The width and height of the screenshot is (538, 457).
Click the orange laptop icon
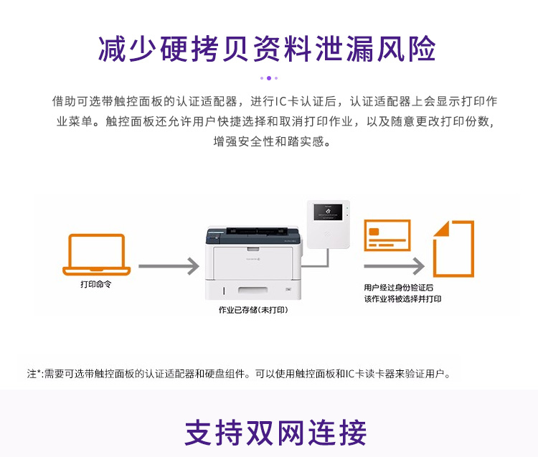[x=96, y=254]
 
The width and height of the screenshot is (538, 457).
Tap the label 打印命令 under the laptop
[x=95, y=284]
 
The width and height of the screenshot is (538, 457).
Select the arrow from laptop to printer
[x=169, y=266]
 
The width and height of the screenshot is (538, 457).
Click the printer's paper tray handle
[x=253, y=291]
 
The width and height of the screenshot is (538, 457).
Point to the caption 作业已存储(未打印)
[x=253, y=310]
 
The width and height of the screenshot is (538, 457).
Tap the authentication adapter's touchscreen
[x=328, y=212]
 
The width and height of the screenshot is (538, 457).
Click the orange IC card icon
[x=387, y=235]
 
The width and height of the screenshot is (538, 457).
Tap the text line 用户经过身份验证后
[x=398, y=288]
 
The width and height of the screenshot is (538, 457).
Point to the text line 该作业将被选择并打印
[x=402, y=299]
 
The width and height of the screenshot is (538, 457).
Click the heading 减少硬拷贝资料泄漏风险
[x=268, y=49]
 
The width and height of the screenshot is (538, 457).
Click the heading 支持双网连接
[x=275, y=433]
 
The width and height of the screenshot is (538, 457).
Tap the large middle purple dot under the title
[x=269, y=78]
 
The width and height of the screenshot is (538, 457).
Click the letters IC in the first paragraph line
[x=281, y=101]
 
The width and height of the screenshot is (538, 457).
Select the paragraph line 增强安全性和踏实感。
[x=272, y=141]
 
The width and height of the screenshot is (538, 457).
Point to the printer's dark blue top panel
[x=253, y=236]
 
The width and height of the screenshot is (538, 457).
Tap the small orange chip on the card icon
[x=374, y=232]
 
